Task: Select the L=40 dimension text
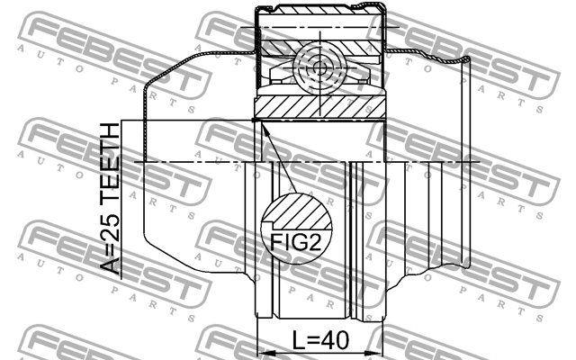coord(319,341)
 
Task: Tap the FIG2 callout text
coord(294,240)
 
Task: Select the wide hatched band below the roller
coord(320,107)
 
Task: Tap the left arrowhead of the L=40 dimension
coord(262,351)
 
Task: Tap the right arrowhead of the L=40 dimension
coord(378,351)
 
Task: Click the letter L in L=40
coord(300,341)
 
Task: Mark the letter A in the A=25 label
coord(109,266)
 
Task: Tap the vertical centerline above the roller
coord(320,27)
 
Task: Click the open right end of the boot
coord(467,162)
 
